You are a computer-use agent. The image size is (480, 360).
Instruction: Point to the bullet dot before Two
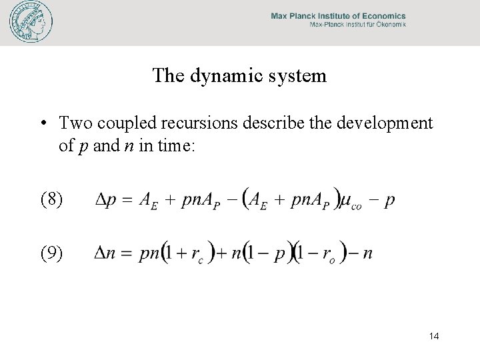[43, 124]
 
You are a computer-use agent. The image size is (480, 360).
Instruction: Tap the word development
[379, 123]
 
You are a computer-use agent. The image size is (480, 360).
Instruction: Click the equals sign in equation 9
[127, 253]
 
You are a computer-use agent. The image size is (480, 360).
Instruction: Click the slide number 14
[433, 336]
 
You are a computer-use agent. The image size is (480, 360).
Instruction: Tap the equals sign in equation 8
[127, 200]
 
